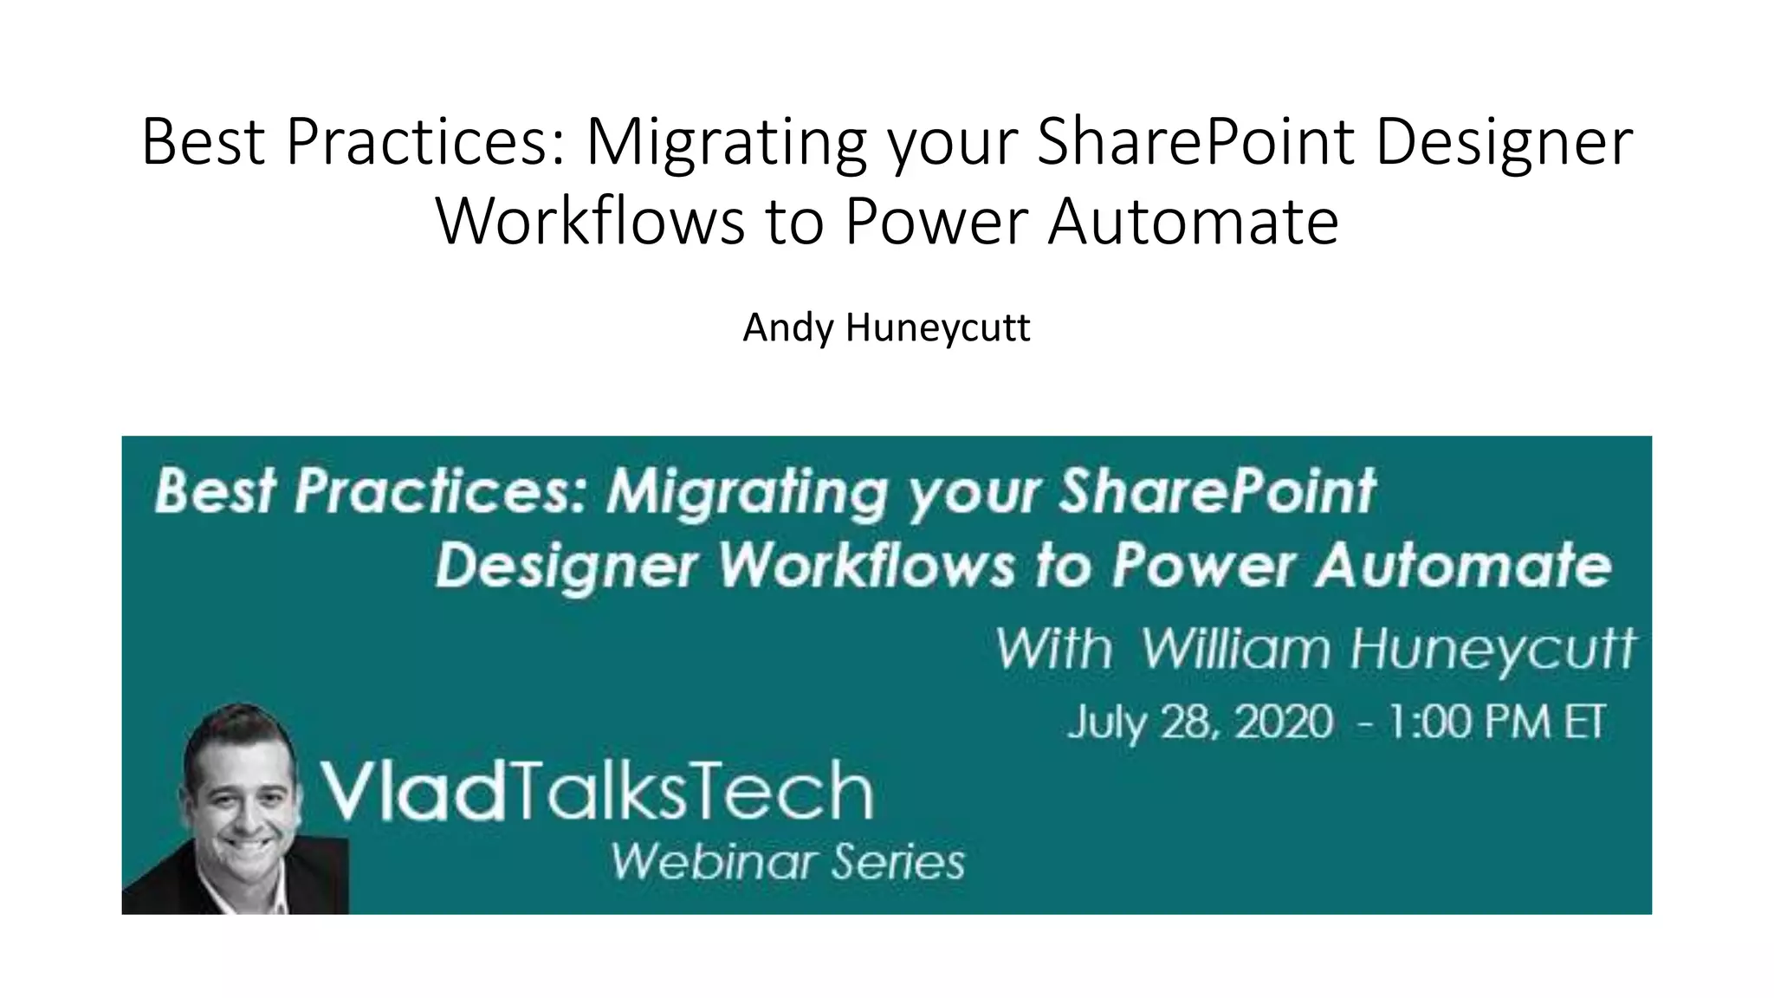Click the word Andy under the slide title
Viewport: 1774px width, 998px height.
pyautogui.click(x=788, y=328)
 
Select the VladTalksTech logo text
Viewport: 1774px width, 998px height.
pyautogui.click(x=597, y=790)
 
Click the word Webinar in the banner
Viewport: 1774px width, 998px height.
pyautogui.click(x=713, y=862)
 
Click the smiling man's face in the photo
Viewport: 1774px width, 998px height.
pyautogui.click(x=238, y=793)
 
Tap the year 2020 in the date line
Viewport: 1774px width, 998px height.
pyautogui.click(x=1283, y=722)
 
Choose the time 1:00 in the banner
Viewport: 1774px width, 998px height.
pyautogui.click(x=1430, y=722)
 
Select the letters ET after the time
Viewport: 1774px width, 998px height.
pyautogui.click(x=1584, y=722)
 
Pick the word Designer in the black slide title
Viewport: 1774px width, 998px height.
pyautogui.click(x=1504, y=141)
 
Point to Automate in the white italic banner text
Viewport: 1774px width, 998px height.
pyautogui.click(x=1463, y=565)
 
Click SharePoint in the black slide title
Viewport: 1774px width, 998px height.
pyautogui.click(x=1195, y=141)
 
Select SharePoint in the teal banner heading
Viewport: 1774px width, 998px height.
pyautogui.click(x=1217, y=491)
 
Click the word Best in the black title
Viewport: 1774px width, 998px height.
pyautogui.click(x=203, y=141)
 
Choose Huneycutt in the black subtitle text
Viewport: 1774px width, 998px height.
pyautogui.click(x=938, y=328)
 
